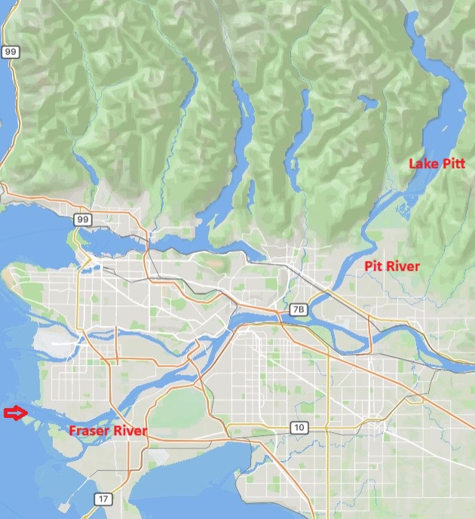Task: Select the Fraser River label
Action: [108, 431]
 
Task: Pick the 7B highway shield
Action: [299, 309]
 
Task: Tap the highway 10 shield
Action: [299, 428]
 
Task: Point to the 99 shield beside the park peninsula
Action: [82, 220]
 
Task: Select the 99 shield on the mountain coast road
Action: [9, 52]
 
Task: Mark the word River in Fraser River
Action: [130, 431]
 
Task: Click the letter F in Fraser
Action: [72, 431]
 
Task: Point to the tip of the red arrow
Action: [28, 413]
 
